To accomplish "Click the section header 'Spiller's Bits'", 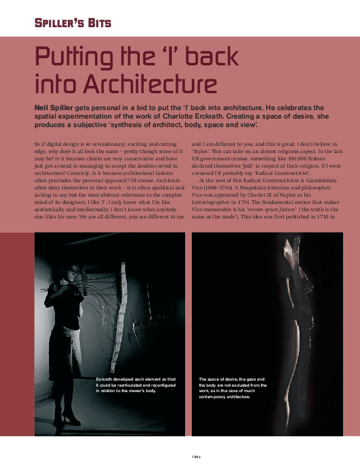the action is pos(72,24).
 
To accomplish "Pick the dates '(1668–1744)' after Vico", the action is pos(210,189).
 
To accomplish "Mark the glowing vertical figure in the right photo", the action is pos(297,339).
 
